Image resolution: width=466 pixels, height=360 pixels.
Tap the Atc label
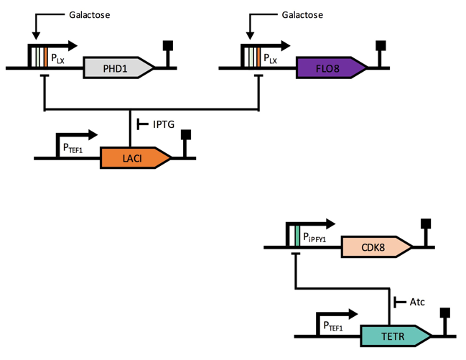(416, 302)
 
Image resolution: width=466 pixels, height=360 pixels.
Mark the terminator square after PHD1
(170, 46)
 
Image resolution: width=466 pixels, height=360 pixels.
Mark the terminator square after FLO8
(381, 46)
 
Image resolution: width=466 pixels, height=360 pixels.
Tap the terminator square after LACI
(186, 135)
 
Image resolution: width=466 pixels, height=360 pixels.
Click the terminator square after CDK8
(425, 224)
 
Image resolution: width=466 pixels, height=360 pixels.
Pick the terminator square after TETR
(444, 313)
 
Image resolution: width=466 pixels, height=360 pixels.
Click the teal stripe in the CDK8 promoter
(297, 236)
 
